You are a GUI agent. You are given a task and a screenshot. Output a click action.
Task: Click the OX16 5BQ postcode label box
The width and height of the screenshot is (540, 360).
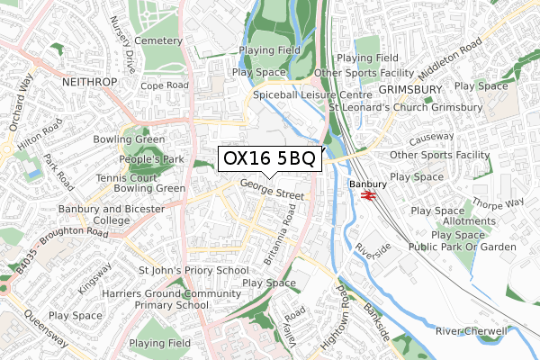coord(267,159)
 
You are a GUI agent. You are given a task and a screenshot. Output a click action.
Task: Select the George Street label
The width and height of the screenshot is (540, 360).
coord(272,191)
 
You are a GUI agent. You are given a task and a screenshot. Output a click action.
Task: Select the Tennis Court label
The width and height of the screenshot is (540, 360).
coord(133,177)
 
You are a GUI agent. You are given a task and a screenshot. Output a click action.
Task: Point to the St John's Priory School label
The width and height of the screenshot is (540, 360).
coord(193,270)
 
